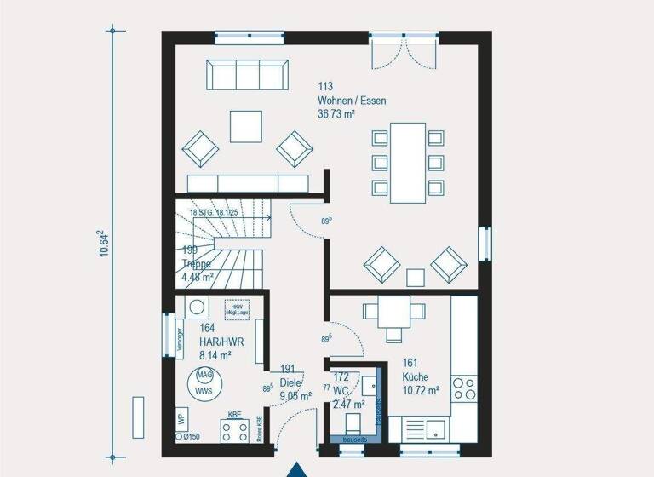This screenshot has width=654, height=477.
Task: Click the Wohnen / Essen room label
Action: pos(352,101)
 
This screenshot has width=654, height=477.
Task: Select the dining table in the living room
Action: pos(408,162)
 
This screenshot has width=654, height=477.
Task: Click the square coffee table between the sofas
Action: pos(246,127)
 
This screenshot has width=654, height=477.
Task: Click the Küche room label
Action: pos(416,376)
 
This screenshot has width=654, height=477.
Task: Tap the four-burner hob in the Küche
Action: pos(464,388)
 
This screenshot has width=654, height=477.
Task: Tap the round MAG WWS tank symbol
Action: pos(204,382)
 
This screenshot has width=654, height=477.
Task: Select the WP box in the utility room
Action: pos(181,419)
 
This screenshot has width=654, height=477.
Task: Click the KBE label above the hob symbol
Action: pos(234,415)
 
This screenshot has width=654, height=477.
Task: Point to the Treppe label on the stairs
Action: pos(197,264)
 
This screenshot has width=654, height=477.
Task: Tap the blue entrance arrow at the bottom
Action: pos(296,469)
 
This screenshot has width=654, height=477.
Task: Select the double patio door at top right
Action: pos(404,51)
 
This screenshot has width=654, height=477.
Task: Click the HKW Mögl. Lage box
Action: pos(237,309)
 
